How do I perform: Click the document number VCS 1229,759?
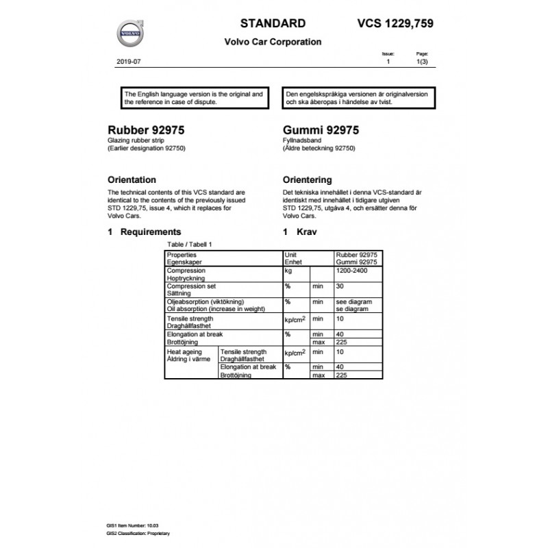point(395,23)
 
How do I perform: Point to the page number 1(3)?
point(423,62)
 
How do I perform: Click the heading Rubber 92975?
point(146,129)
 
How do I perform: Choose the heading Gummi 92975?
point(320,129)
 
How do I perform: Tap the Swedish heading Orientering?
point(308,179)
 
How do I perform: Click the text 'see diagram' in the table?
point(353,301)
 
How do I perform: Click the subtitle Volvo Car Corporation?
point(273,42)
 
